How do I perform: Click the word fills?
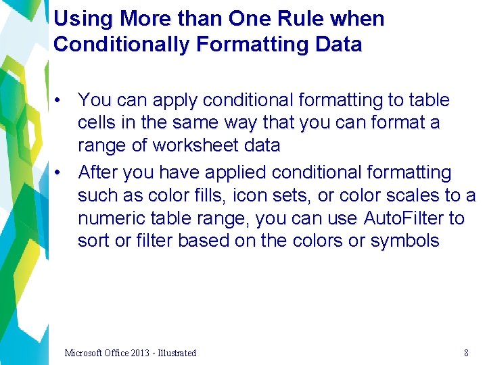coord(205,195)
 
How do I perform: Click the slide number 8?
coord(466,353)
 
